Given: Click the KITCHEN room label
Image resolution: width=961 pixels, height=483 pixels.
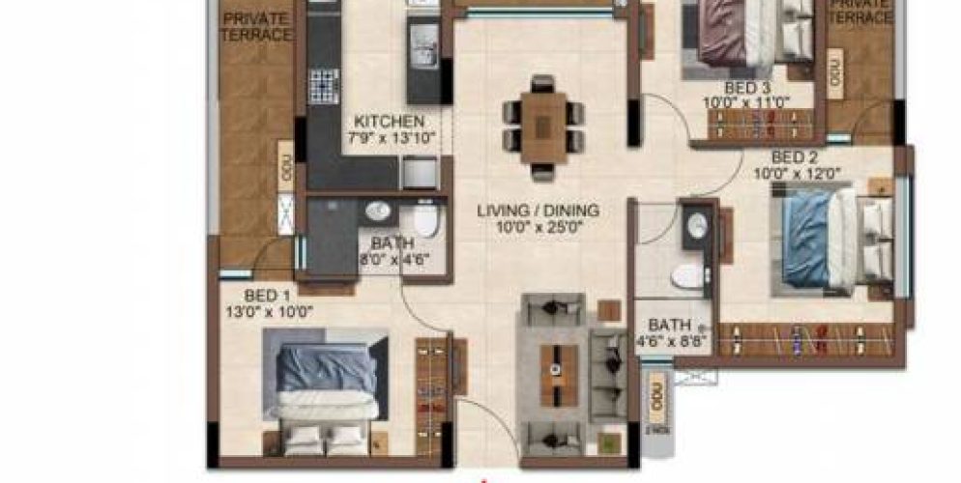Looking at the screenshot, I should [x=389, y=122].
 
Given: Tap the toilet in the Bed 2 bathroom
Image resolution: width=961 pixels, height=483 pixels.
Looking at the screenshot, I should [x=687, y=276].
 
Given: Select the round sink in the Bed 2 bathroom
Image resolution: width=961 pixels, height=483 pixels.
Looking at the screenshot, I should [x=695, y=225].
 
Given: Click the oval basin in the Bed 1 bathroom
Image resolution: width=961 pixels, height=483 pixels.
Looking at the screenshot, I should [x=376, y=211].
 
